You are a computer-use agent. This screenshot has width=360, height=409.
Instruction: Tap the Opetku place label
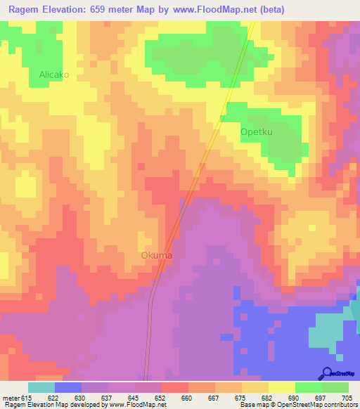pos(257,131)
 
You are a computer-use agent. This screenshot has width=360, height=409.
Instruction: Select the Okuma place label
pos(156,255)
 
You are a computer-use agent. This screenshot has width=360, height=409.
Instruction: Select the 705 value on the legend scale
pos(347,397)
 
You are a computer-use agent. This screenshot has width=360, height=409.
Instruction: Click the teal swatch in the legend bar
pos(41,387)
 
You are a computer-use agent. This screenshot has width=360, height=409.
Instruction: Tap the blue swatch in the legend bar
pos(67,387)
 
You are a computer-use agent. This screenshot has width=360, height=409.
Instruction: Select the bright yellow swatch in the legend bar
pos(281,387)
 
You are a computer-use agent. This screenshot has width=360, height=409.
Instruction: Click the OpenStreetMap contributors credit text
pos(317,405)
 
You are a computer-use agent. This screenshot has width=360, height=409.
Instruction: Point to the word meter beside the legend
pos(9,397)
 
